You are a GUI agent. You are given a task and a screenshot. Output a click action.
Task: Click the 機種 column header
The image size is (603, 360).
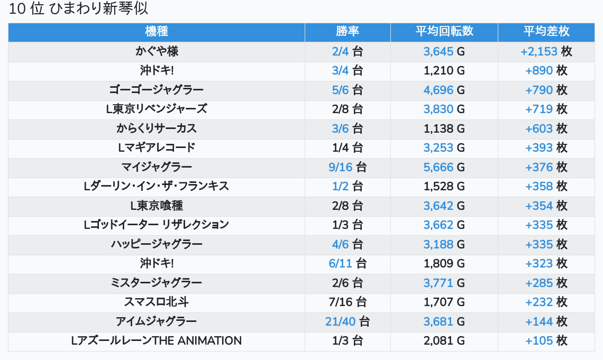[157, 32]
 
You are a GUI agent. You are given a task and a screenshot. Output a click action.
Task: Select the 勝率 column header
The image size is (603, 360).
[348, 32]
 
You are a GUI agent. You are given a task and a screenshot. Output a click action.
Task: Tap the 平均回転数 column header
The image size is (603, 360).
[444, 32]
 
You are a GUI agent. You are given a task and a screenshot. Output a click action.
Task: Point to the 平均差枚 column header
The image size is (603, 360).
[546, 32]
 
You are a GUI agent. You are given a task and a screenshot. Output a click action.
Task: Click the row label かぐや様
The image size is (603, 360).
[157, 51]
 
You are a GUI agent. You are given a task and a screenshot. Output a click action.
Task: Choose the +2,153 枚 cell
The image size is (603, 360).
[546, 51]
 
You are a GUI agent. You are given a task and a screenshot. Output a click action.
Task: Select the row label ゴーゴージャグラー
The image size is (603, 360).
[157, 90]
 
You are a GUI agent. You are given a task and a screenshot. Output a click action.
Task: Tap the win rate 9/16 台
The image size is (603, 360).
[348, 167]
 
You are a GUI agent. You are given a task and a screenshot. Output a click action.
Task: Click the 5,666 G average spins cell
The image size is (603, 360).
[444, 167]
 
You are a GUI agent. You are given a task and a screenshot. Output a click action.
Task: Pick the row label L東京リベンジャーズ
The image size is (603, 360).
[157, 109]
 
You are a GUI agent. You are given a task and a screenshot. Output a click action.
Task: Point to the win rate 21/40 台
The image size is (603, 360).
[348, 321]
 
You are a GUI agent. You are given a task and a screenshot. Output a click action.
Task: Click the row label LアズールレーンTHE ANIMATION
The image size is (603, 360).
[157, 340]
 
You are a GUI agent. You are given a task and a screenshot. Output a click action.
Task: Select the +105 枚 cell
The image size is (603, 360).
[546, 340]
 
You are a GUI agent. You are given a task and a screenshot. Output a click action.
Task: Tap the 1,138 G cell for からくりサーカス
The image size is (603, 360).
[444, 128]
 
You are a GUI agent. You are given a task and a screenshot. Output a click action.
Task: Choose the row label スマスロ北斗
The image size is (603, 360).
[157, 302]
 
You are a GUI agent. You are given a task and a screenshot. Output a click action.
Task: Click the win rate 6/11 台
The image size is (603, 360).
[348, 263]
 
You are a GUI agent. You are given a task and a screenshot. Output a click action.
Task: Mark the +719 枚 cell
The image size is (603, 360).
[546, 109]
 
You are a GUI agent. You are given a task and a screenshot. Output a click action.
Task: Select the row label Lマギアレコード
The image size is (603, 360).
[157, 147]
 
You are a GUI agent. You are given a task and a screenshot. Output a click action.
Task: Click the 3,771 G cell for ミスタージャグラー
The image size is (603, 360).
[444, 283]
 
